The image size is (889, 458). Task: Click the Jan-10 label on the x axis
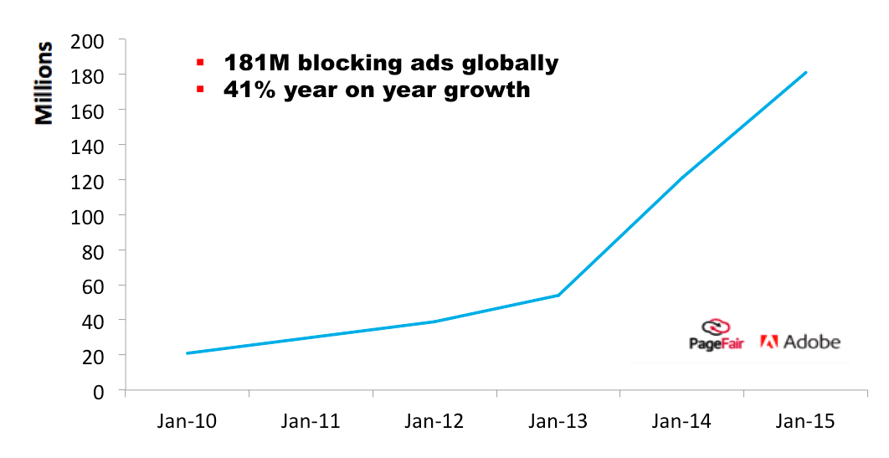(187, 421)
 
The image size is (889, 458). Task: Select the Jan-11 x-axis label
(311, 421)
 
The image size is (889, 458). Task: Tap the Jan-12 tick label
(434, 421)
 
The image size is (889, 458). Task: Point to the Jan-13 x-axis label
(558, 421)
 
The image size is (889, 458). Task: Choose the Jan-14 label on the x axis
(682, 421)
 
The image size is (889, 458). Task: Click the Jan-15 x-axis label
(806, 421)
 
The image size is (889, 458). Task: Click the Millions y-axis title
(44, 82)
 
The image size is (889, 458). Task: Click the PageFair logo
(717, 335)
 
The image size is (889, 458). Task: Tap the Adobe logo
(799, 342)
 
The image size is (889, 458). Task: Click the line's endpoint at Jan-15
(806, 73)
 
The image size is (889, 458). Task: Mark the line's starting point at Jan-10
(187, 353)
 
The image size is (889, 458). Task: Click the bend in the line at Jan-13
(558, 295)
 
